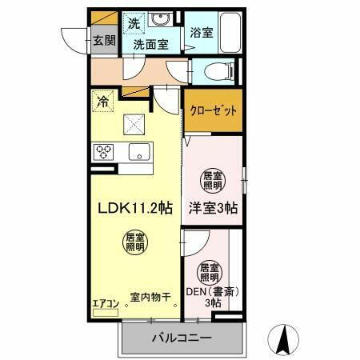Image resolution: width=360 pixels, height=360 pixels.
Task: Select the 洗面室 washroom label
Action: point(150,45)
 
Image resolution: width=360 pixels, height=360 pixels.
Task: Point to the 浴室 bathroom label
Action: point(201,33)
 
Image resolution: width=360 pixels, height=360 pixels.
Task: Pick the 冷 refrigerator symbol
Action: point(102,102)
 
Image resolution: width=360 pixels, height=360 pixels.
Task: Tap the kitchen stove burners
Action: point(104,151)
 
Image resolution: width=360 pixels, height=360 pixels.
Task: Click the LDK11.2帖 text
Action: point(135,207)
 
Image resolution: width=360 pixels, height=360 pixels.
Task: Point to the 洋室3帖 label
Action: point(213,207)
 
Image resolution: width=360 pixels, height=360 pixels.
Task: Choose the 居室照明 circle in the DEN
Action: point(209,271)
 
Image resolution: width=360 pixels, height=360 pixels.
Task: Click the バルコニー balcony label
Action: point(182,338)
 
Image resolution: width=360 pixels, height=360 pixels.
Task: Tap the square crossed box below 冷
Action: point(134,123)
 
